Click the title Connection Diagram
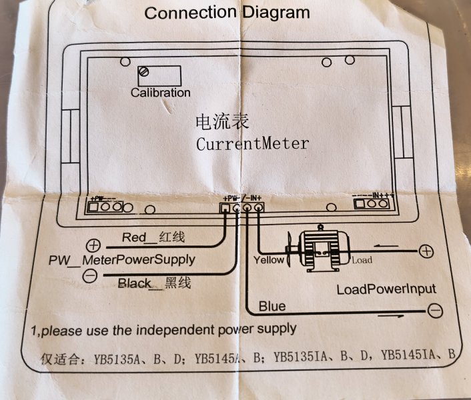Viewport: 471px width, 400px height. (227, 13)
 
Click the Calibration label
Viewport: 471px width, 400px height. (160, 93)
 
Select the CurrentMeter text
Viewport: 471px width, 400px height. (253, 143)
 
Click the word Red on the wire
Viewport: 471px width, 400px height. (133, 238)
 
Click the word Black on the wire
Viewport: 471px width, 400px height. (134, 283)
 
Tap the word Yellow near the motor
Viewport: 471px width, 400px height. (269, 260)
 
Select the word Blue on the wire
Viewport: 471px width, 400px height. (272, 306)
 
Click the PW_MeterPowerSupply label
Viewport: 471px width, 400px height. (121, 259)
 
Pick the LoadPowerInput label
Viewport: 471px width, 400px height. (386, 289)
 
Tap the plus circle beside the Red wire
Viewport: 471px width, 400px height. (93, 245)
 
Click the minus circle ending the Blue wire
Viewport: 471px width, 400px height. (434, 311)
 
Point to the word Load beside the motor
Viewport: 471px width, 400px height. (362, 260)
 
